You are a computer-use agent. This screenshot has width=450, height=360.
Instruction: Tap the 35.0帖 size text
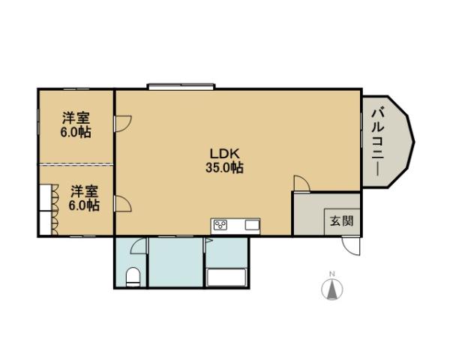tap(225, 168)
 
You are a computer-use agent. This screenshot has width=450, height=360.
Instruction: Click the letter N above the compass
tap(331, 273)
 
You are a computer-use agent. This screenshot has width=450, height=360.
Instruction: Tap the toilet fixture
tap(132, 276)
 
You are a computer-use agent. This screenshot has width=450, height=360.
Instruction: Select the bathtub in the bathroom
tap(226, 277)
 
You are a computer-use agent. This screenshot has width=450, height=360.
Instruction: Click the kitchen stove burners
tap(222, 225)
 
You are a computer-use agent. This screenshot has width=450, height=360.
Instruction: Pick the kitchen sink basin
tap(251, 225)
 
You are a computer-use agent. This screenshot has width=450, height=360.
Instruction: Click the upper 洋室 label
tap(76, 118)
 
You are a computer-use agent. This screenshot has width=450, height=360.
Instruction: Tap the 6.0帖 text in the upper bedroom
tap(76, 132)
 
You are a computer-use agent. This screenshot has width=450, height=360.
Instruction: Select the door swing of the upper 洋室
tap(121, 122)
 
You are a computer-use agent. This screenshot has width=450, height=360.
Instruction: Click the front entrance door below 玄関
tap(350, 244)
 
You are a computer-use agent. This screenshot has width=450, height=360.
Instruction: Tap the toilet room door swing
tap(137, 246)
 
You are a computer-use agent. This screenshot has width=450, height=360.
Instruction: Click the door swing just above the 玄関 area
tap(301, 183)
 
